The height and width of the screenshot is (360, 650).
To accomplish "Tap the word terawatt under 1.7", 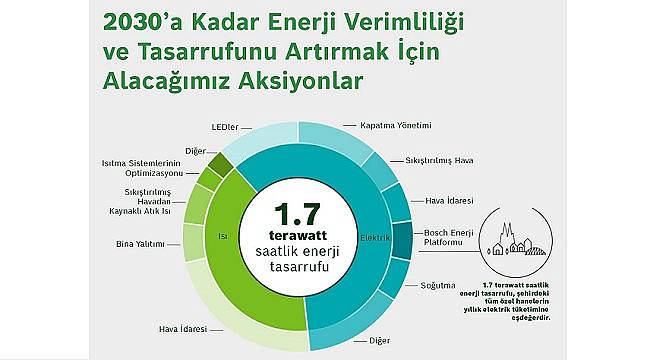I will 295,237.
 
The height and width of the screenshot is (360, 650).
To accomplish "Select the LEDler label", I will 225,127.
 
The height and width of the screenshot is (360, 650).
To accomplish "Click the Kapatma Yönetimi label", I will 395,126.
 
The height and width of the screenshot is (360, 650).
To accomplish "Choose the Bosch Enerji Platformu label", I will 449,238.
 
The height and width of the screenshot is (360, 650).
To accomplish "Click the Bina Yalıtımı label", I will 140,244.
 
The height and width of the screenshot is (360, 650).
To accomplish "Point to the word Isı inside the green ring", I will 224,237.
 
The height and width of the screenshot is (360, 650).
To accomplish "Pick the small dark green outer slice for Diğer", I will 219,161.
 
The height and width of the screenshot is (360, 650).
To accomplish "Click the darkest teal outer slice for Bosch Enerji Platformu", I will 402,240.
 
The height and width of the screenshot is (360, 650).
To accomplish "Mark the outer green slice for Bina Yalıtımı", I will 193,242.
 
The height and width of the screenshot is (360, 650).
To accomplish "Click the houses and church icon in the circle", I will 513,238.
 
